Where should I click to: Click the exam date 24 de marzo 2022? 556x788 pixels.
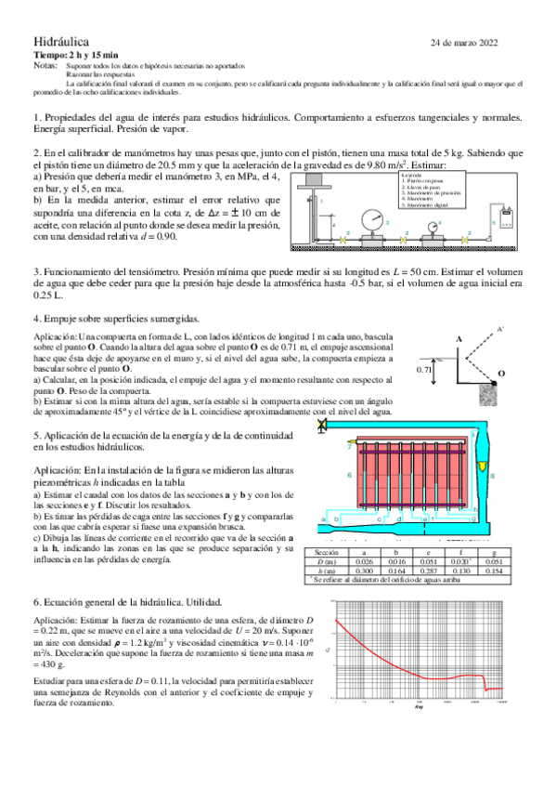pos(465,43)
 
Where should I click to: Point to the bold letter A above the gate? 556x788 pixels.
pos(458,340)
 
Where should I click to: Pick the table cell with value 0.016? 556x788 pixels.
pos(398,561)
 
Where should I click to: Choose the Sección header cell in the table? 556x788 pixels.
pos(326,552)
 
